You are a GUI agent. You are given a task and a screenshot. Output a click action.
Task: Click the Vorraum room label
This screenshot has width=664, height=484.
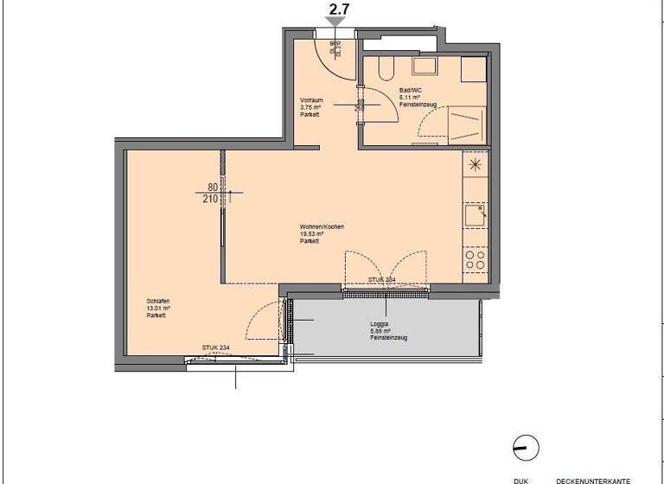(x=311, y=106)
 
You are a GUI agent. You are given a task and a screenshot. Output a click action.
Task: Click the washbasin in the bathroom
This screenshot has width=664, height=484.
(x=425, y=66)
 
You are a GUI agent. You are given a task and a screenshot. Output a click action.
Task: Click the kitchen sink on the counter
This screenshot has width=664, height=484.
(x=475, y=213)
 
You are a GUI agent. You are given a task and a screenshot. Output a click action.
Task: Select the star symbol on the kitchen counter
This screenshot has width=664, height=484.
(x=475, y=163)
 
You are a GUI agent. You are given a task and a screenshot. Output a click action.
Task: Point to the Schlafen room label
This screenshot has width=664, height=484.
(x=157, y=308)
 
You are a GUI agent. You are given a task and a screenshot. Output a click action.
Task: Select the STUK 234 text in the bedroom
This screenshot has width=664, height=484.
(x=216, y=348)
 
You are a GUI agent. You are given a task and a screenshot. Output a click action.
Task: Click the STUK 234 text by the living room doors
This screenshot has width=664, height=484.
(x=382, y=280)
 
